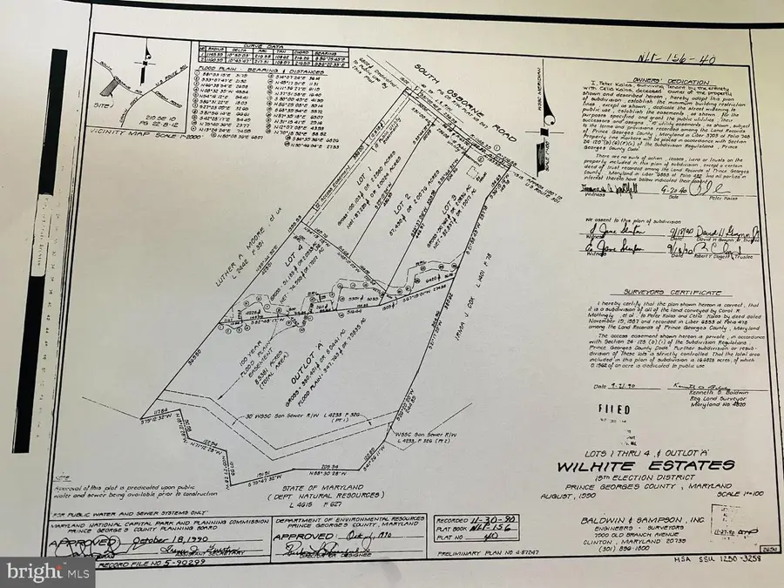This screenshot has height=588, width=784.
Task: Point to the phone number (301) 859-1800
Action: click(x=667, y=548)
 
